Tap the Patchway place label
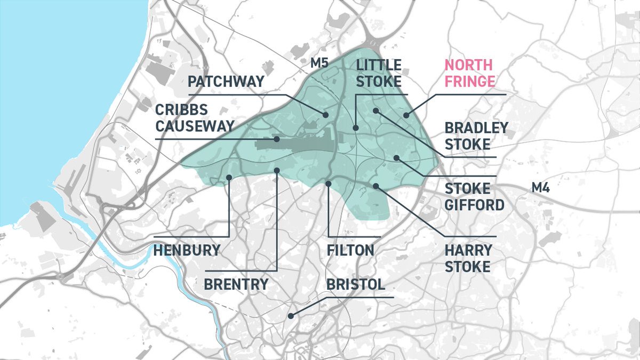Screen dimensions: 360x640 (226, 82)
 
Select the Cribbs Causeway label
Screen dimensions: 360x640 (195, 117)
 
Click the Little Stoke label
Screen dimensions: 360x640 (379, 74)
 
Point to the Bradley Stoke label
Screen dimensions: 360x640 (468, 136)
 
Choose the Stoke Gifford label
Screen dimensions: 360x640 (474, 196)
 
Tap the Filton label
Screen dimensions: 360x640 (351, 250)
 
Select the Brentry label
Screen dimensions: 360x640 (236, 284)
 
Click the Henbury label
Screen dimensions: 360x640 (187, 250)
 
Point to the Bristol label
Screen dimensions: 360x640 (355, 284)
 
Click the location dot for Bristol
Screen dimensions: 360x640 (291, 316)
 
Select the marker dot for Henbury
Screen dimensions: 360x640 (229, 177)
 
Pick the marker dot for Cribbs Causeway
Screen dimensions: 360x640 (277, 139)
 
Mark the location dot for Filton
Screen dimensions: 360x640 (328, 183)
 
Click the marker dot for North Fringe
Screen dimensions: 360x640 (406, 115)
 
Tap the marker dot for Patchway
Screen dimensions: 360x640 (324, 115)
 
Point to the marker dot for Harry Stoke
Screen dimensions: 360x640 (376, 186)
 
